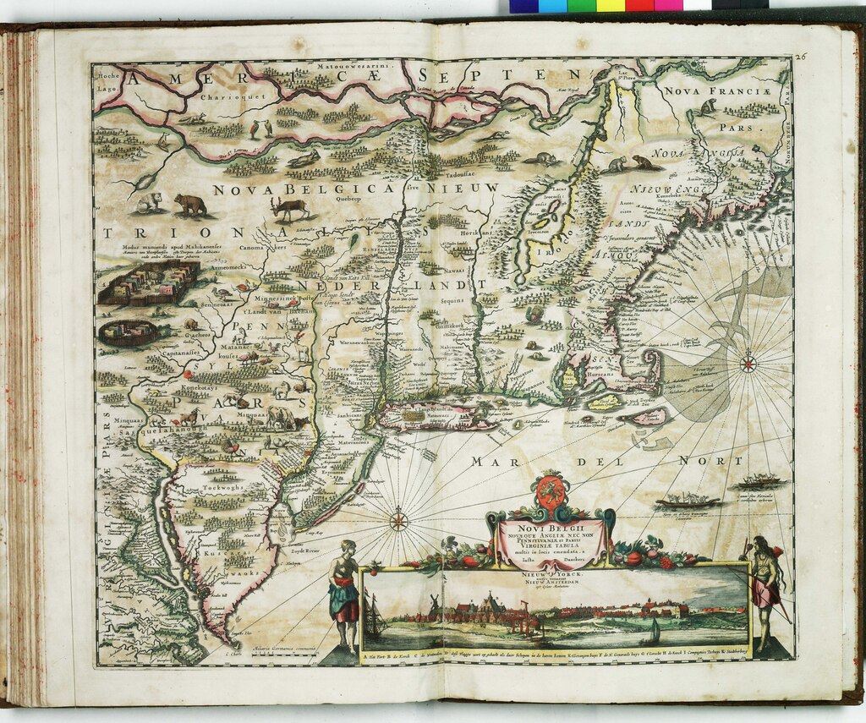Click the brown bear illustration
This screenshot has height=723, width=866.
[x=190, y=204]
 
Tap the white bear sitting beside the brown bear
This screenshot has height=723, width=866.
[x=150, y=201]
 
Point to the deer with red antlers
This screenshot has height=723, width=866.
[x=290, y=206]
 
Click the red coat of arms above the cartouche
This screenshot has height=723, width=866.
[x=551, y=495]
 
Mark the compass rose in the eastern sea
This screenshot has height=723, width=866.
[x=748, y=364]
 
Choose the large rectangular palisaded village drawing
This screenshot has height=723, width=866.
[x=148, y=282]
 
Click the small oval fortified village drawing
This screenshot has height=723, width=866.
[x=128, y=331]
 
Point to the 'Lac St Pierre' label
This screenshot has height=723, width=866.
[x=627, y=76]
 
